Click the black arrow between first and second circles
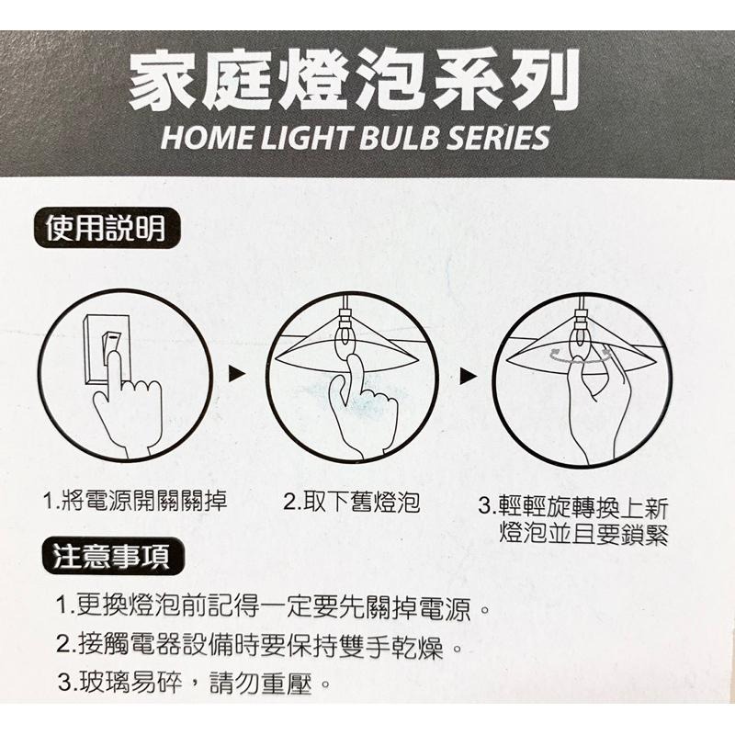(238, 374)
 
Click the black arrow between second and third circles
(469, 375)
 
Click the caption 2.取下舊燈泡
(351, 503)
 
